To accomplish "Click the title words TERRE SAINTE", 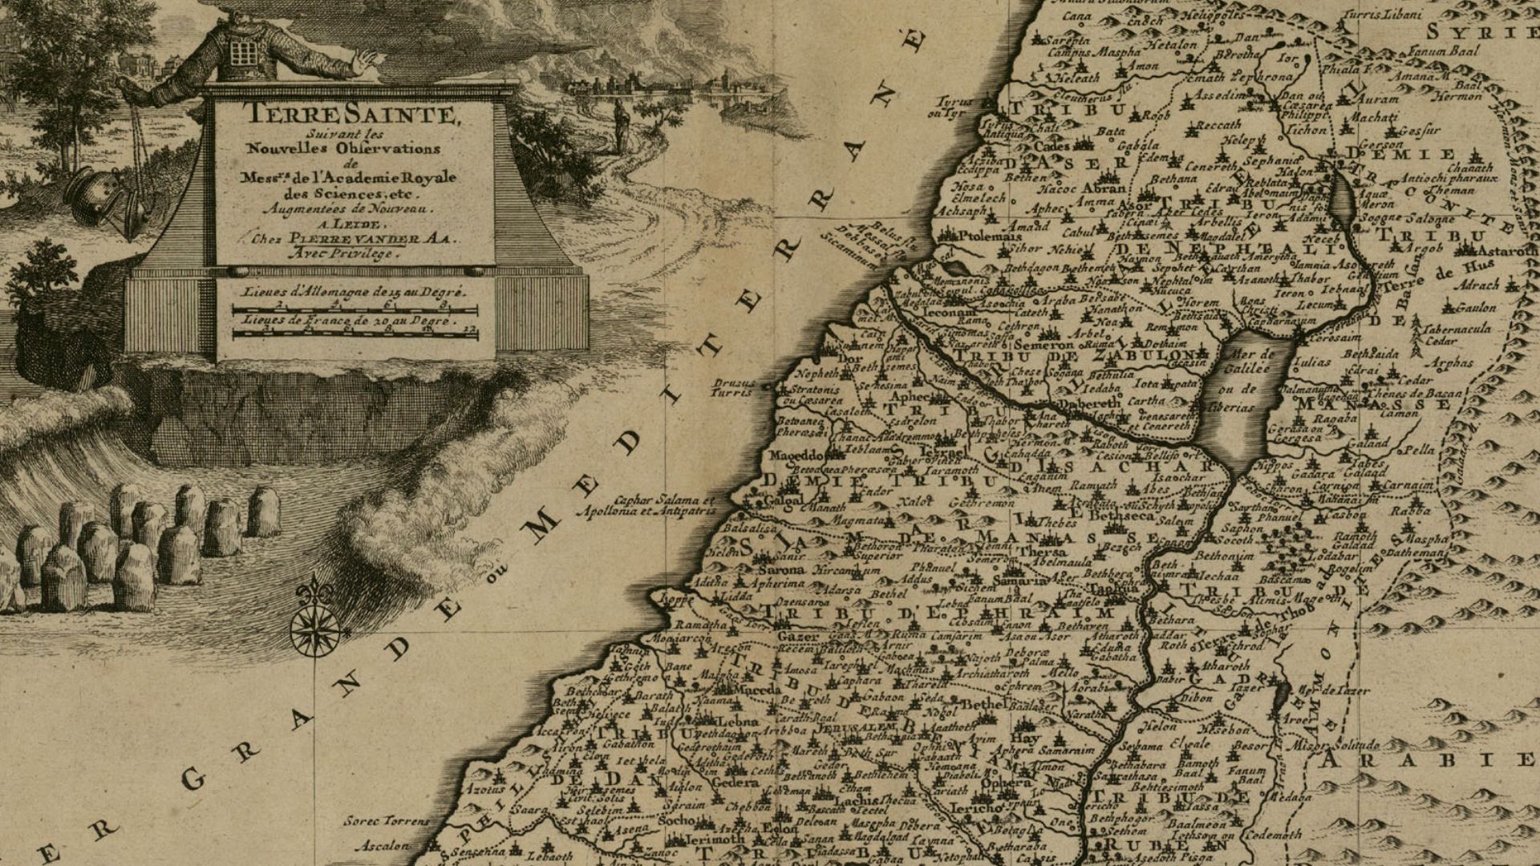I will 353,114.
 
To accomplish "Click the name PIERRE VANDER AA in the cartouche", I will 365,238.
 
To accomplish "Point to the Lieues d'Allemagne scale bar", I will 354,310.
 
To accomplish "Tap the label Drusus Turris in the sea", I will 732,388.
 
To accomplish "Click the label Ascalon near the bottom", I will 382,845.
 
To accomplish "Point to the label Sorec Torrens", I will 387,821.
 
